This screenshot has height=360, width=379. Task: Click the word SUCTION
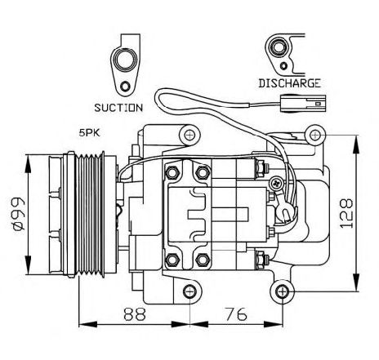point(118,108)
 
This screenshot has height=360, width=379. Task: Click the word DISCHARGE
point(289,83)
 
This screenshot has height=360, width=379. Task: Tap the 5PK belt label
point(89,133)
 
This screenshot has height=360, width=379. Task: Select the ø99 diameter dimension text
point(20,214)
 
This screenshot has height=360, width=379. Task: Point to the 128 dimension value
point(346,213)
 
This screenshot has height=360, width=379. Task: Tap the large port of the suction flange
point(126,59)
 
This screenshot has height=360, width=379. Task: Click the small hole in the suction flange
point(125,87)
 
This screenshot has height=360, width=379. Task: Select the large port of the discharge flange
point(279,47)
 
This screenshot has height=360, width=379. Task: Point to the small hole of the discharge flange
point(283,66)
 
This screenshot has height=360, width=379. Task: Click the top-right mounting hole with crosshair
point(315,135)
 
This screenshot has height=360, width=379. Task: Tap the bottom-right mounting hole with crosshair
point(283,291)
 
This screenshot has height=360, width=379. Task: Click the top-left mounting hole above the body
point(189,135)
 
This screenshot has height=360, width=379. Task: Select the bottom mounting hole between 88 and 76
point(189,291)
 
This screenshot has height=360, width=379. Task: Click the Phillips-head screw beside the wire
point(277,183)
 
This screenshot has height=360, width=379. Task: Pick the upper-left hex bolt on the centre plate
point(172,172)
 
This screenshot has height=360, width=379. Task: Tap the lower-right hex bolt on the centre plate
point(203,260)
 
